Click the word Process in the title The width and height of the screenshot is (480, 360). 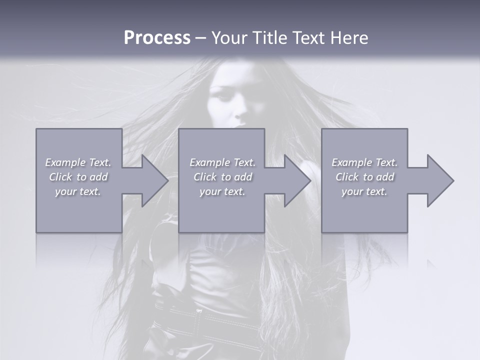(x=157, y=38)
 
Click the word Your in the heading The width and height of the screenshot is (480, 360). (x=228, y=38)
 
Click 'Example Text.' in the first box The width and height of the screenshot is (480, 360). (x=78, y=162)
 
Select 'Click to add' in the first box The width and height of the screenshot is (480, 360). (x=78, y=177)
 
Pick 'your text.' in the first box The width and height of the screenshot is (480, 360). (x=78, y=191)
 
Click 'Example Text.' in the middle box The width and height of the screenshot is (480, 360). (x=222, y=162)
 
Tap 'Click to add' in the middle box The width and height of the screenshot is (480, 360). (x=222, y=177)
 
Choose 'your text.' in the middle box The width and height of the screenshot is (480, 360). (x=222, y=191)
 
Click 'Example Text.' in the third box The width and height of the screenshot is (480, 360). (x=364, y=162)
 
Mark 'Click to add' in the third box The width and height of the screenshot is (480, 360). (x=364, y=177)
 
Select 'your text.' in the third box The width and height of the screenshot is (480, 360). (x=364, y=191)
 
